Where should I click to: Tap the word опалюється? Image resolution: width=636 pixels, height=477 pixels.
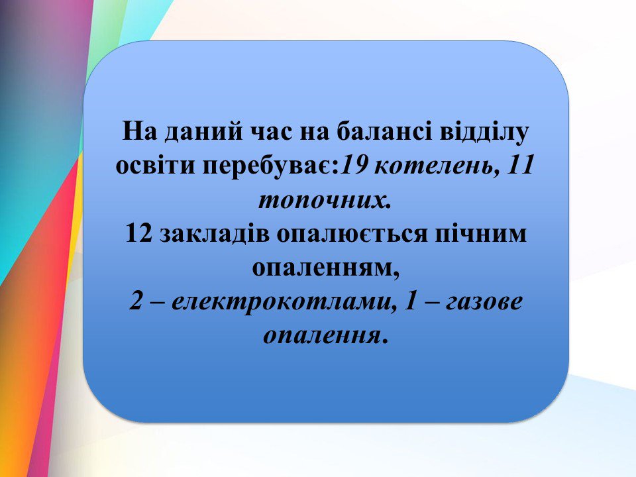click(352, 234)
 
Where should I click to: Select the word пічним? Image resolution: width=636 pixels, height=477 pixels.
click(481, 235)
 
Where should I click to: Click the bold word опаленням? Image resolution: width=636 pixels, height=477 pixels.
click(326, 269)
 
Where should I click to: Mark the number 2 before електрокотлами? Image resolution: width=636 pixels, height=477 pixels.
click(136, 301)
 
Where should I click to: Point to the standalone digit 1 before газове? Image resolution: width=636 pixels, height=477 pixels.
click(411, 301)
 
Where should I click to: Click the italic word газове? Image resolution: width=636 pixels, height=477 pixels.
click(484, 303)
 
